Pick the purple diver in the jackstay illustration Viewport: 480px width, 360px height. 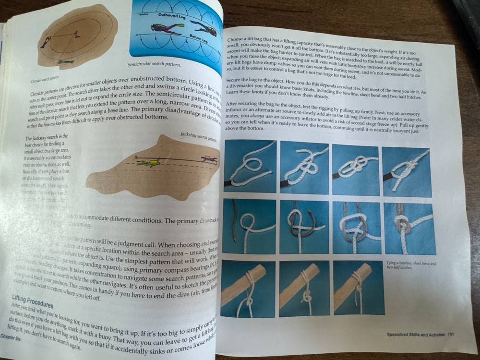pos(208,158)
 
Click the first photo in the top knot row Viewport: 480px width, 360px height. pos(250,166)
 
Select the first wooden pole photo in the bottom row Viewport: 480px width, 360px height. pos(248,288)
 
